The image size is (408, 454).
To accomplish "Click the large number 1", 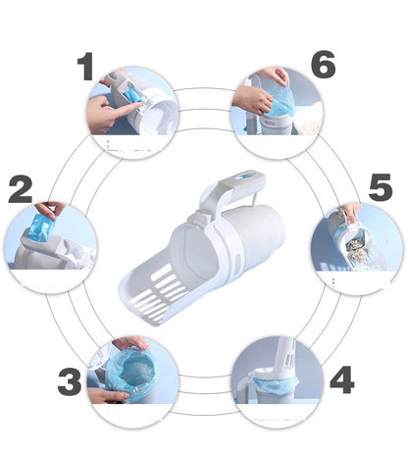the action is tap(86, 67).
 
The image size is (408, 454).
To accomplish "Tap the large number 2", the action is tap(21, 189).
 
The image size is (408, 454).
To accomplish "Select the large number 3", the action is tap(70, 381).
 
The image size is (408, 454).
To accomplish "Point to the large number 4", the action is tap(342, 379).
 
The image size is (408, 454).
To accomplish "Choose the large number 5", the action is tap(381, 187).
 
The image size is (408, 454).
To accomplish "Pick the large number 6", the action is tap(323, 65).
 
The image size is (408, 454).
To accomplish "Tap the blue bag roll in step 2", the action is tap(42, 227).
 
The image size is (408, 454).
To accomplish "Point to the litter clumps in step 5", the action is tap(356, 249).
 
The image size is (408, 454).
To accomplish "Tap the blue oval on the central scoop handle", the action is tap(244, 177).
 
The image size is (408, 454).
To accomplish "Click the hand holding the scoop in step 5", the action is tap(350, 212).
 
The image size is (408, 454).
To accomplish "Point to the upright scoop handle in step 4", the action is tap(287, 357).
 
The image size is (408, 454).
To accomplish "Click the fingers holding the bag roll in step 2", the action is tap(50, 209).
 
